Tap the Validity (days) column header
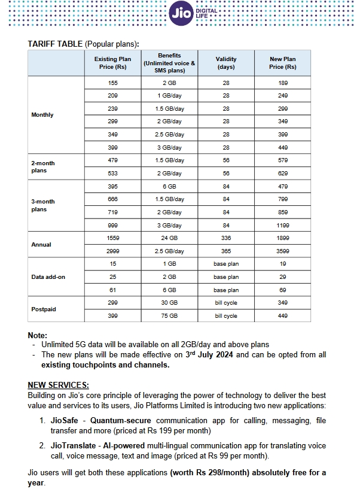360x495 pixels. click(226, 63)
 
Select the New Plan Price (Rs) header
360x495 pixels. click(283, 63)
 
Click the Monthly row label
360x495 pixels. click(42, 115)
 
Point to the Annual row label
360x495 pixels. click(41, 245)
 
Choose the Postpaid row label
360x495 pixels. click(43, 309)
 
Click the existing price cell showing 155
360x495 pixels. click(113, 83)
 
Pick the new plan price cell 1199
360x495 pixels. click(283, 226)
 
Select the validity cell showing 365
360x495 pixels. click(226, 251)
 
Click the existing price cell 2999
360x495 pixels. click(113, 251)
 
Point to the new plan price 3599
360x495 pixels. click(283, 251)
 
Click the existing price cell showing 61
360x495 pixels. click(113, 290)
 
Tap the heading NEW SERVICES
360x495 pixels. click(58, 384)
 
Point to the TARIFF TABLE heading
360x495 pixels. click(55, 44)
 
